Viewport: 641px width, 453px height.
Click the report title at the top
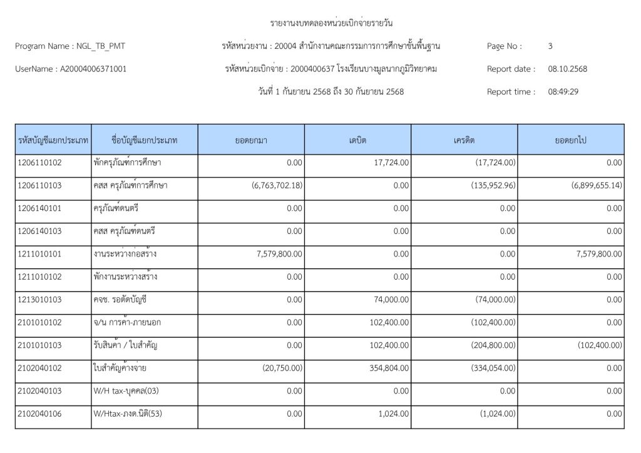coord(331,24)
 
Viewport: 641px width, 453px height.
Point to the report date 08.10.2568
coord(568,69)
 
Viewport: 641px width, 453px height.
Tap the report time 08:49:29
coord(563,92)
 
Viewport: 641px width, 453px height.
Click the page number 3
coord(550,46)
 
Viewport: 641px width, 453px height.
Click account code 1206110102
coord(40,163)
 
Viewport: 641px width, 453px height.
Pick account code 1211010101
coord(40,254)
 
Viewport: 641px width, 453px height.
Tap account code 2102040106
coord(40,414)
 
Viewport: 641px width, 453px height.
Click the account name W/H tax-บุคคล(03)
coord(123,391)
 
